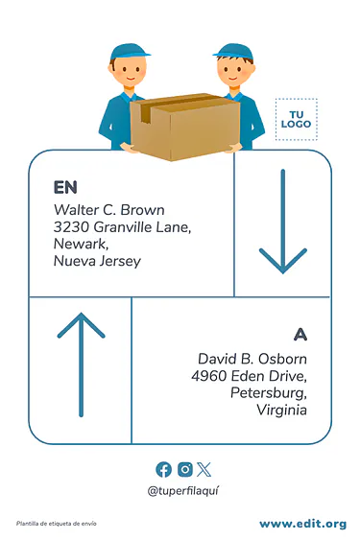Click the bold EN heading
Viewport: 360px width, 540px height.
(65, 187)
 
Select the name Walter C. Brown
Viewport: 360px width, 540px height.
(109, 210)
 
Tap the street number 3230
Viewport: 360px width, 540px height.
(71, 227)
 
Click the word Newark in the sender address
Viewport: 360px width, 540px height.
(81, 244)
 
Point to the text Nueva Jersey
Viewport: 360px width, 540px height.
(97, 261)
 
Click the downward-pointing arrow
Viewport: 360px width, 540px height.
(283, 222)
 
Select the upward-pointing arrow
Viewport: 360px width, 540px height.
(81, 364)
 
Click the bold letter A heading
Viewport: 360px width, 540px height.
(300, 334)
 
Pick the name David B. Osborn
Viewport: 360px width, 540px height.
(252, 359)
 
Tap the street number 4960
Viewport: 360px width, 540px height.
(209, 376)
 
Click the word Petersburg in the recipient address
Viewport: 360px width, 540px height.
(268, 392)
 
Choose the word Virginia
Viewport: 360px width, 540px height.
(281, 410)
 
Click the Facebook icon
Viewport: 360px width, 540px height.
(163, 469)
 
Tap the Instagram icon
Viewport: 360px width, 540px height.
(185, 469)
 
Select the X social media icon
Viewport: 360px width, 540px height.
(204, 469)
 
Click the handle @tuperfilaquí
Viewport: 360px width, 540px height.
(182, 491)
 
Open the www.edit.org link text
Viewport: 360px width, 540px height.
(302, 524)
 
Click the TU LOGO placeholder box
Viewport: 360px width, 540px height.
(297, 119)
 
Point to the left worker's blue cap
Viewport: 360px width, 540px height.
(130, 53)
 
